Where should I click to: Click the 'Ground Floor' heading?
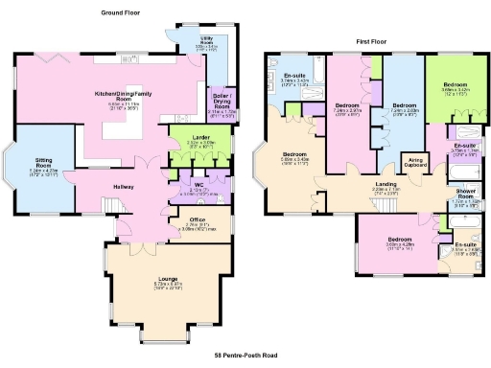pyautogui.click(x=123, y=13)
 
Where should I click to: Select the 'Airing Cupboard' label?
pyautogui.click(x=416, y=162)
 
